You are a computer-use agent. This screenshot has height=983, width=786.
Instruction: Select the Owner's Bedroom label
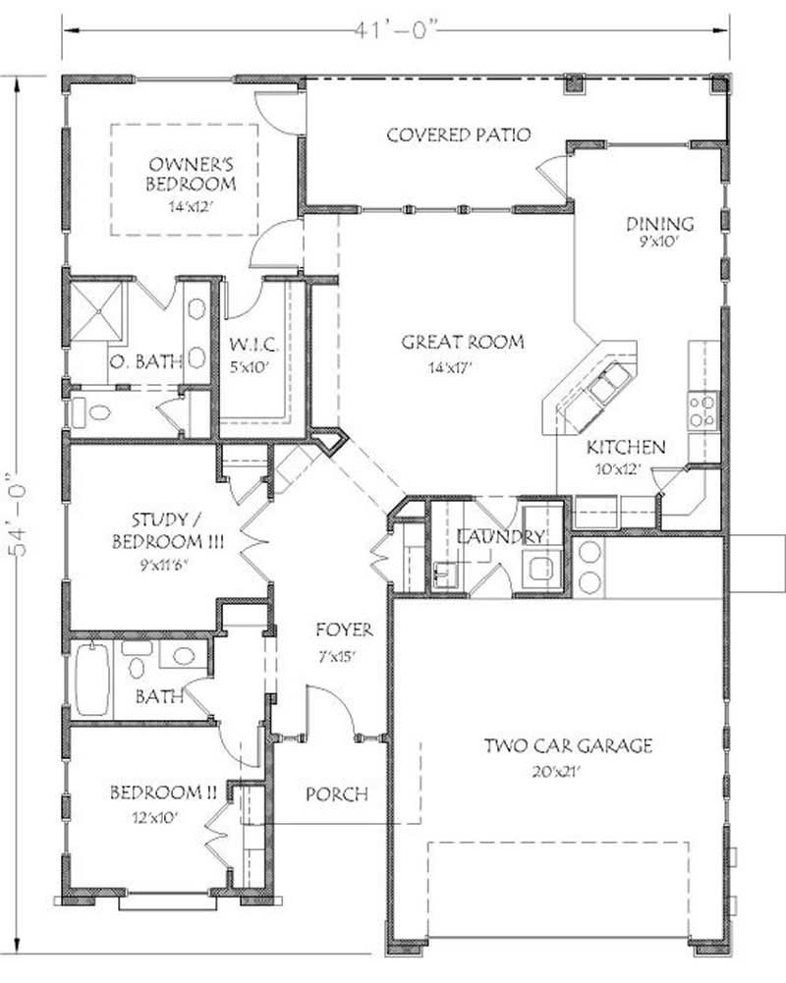[191, 173]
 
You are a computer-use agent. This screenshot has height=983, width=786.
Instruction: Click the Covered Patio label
[459, 135]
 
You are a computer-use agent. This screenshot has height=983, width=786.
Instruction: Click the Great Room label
[462, 343]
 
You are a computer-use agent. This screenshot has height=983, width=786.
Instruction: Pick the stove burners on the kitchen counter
[701, 410]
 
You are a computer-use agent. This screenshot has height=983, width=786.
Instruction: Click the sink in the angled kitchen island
[601, 383]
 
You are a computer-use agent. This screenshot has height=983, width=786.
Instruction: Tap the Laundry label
[500, 537]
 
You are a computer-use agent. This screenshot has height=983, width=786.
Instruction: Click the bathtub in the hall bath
[93, 679]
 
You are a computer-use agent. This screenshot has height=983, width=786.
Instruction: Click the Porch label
[336, 793]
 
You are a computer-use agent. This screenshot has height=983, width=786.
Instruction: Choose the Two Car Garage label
[567, 746]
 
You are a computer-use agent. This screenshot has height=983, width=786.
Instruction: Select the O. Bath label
[144, 361]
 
